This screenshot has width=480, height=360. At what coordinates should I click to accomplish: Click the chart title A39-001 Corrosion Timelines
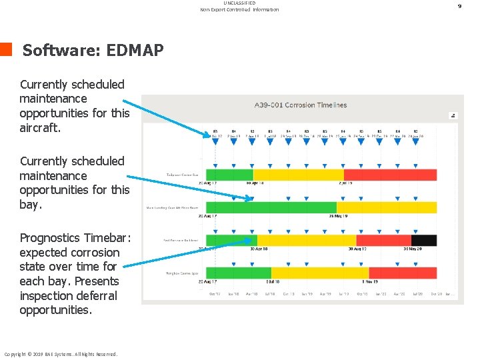click(301, 105)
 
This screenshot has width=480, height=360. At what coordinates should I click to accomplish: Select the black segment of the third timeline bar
click(423, 241)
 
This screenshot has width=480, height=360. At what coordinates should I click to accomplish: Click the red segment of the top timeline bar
click(390, 175)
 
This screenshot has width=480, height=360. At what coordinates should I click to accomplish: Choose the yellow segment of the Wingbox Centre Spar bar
click(320, 273)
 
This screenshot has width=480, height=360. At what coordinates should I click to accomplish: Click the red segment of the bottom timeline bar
click(402, 273)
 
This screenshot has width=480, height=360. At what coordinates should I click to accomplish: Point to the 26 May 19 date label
click(339, 216)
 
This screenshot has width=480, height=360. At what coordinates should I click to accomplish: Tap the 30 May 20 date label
click(413, 249)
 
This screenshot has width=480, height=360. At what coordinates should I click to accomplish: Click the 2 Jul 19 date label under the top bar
click(347, 183)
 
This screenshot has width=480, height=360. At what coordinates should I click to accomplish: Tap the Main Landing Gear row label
click(172, 207)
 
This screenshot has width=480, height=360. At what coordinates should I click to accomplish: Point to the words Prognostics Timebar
click(75, 238)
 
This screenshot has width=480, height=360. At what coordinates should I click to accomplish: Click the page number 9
click(459, 6)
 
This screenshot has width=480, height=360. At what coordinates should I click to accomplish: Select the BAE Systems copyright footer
click(61, 354)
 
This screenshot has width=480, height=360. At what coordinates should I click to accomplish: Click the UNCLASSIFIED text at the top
click(239, 3)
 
